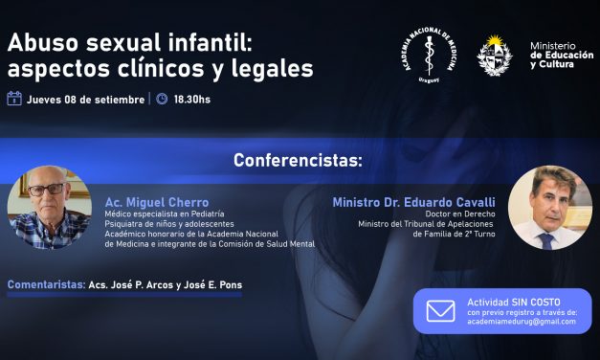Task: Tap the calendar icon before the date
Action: [x=14, y=99]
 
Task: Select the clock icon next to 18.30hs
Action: [x=162, y=99]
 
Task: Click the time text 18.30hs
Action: [x=192, y=99]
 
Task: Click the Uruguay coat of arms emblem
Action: [x=494, y=56]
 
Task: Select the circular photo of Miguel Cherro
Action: [x=49, y=209]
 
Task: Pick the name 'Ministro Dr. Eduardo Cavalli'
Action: [x=414, y=203]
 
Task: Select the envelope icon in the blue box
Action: [x=440, y=312]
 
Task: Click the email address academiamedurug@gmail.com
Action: [x=522, y=322]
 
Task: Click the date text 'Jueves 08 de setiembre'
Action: [x=86, y=99]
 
